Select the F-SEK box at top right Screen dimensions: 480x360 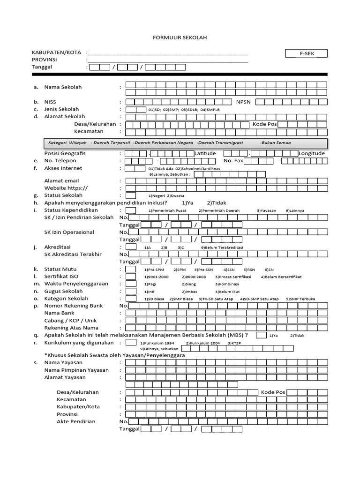(307, 54)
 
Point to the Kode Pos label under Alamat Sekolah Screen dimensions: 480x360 (265, 124)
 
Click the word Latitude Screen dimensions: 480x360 (205, 153)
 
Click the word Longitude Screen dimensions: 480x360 (312, 153)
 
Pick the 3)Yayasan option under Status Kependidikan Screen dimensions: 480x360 (267, 210)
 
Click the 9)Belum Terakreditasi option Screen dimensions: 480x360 (222, 247)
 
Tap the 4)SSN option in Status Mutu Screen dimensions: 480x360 (229, 270)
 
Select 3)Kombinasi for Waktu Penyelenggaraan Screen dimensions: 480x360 (227, 285)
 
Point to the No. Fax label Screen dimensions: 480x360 (233, 161)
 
